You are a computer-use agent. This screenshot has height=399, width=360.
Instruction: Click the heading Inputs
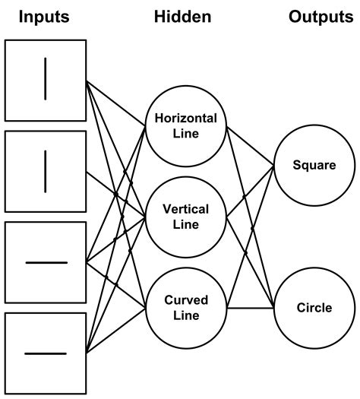(x=45, y=17)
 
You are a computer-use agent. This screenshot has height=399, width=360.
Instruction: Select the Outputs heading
(x=323, y=17)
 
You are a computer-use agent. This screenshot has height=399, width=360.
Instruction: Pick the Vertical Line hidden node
(x=186, y=217)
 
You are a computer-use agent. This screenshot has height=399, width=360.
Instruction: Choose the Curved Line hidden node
(x=186, y=307)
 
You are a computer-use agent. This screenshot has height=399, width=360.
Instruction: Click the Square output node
(x=314, y=164)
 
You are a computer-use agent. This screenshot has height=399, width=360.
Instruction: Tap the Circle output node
(x=314, y=308)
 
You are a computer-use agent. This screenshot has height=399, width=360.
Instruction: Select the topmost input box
(x=46, y=80)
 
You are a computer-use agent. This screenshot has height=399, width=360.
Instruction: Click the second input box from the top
(x=46, y=171)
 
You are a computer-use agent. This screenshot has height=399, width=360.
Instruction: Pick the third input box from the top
(x=46, y=262)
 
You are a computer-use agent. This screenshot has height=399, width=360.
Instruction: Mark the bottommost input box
(x=46, y=353)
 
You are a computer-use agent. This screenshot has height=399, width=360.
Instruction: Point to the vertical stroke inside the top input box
(x=46, y=80)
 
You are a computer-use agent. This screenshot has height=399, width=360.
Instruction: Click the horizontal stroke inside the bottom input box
(x=46, y=353)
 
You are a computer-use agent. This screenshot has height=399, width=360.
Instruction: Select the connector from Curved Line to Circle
(x=251, y=308)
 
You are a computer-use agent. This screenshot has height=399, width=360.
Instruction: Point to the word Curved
(x=186, y=300)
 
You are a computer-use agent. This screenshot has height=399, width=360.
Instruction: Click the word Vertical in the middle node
(x=186, y=209)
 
